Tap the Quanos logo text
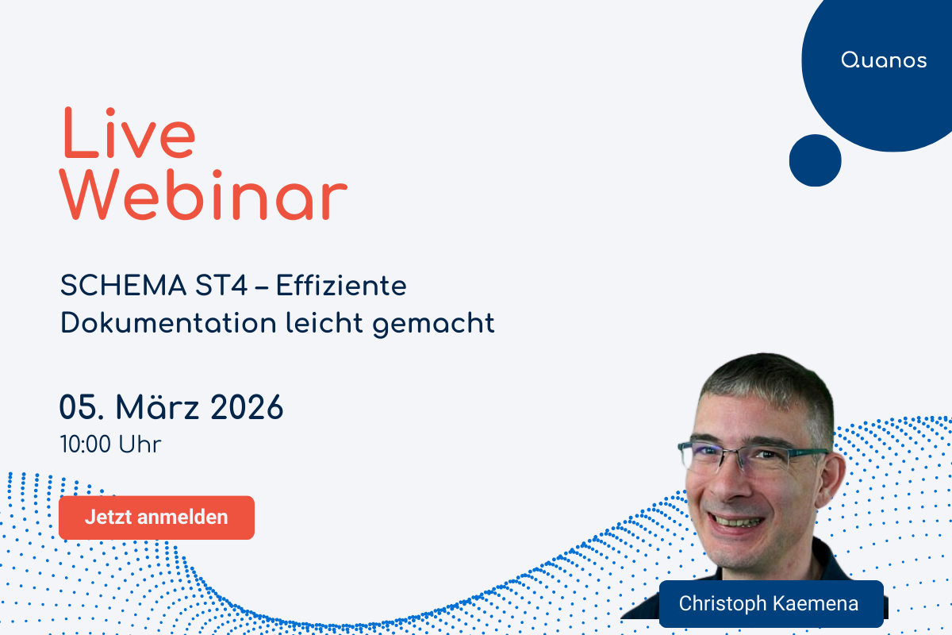click(x=884, y=61)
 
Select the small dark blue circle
click(x=815, y=160)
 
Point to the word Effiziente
click(x=341, y=287)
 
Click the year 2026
click(x=247, y=408)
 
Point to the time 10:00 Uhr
click(x=110, y=444)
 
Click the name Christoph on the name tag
click(x=723, y=603)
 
